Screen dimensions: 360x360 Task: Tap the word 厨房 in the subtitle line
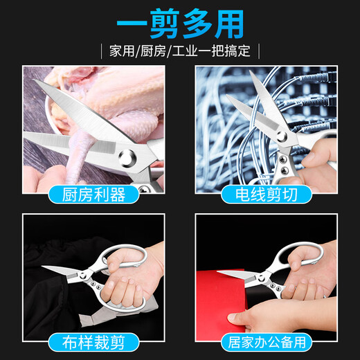[156, 51]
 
